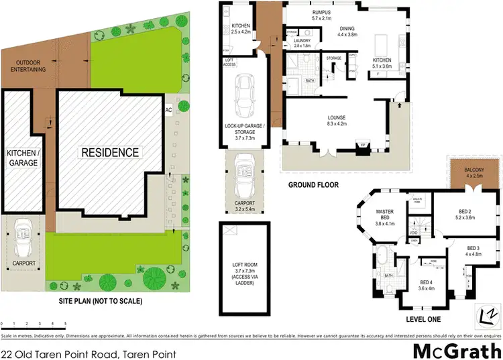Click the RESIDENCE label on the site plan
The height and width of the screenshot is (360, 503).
click(111, 152)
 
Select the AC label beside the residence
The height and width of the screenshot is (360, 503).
click(168, 111)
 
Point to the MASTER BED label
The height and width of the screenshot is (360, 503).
click(385, 219)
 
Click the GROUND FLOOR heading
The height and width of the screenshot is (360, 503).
click(313, 185)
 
